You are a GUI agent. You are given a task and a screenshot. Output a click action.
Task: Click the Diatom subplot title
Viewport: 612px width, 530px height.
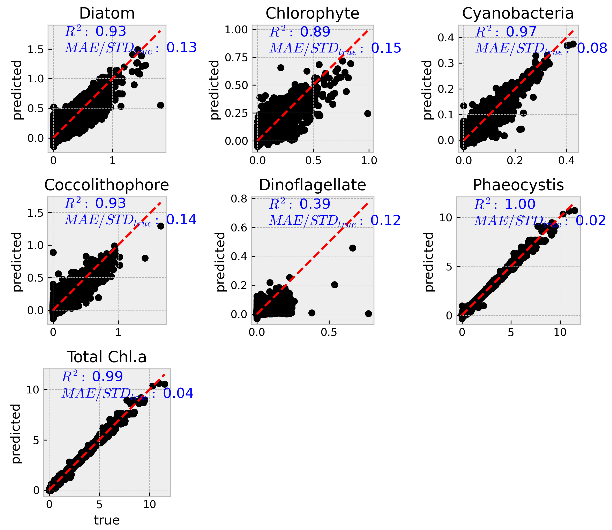tap(107, 13)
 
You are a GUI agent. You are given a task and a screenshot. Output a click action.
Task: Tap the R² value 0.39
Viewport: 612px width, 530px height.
tap(315, 204)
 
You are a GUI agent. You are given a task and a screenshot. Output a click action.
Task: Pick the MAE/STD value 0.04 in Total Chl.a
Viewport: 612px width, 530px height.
tap(178, 393)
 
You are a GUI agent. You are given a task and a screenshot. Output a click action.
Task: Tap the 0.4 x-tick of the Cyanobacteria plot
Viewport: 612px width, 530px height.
tap(566, 161)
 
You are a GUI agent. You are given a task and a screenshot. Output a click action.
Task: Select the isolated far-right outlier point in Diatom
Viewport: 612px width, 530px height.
tap(160, 105)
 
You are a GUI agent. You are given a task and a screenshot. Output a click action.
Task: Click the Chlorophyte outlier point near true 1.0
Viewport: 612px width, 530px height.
tap(367, 114)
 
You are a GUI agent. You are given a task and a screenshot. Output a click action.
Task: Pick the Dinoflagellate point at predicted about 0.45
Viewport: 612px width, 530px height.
tap(353, 248)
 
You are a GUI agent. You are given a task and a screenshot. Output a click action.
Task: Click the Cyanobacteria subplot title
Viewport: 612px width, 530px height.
tap(518, 13)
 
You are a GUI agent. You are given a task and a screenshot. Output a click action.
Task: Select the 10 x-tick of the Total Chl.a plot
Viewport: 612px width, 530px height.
tap(149, 505)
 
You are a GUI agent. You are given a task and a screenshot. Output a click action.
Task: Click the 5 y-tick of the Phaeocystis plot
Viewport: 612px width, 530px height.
tap(449, 267)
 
